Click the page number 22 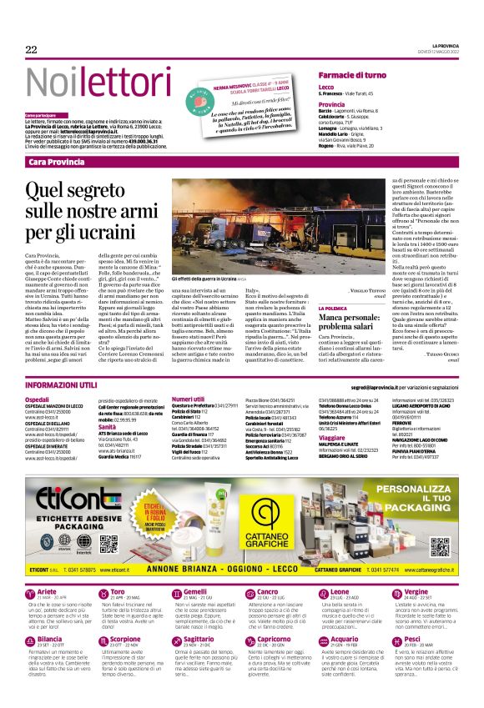pyautogui.click(x=32, y=50)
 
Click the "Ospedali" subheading pyautogui.click(x=38, y=399)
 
